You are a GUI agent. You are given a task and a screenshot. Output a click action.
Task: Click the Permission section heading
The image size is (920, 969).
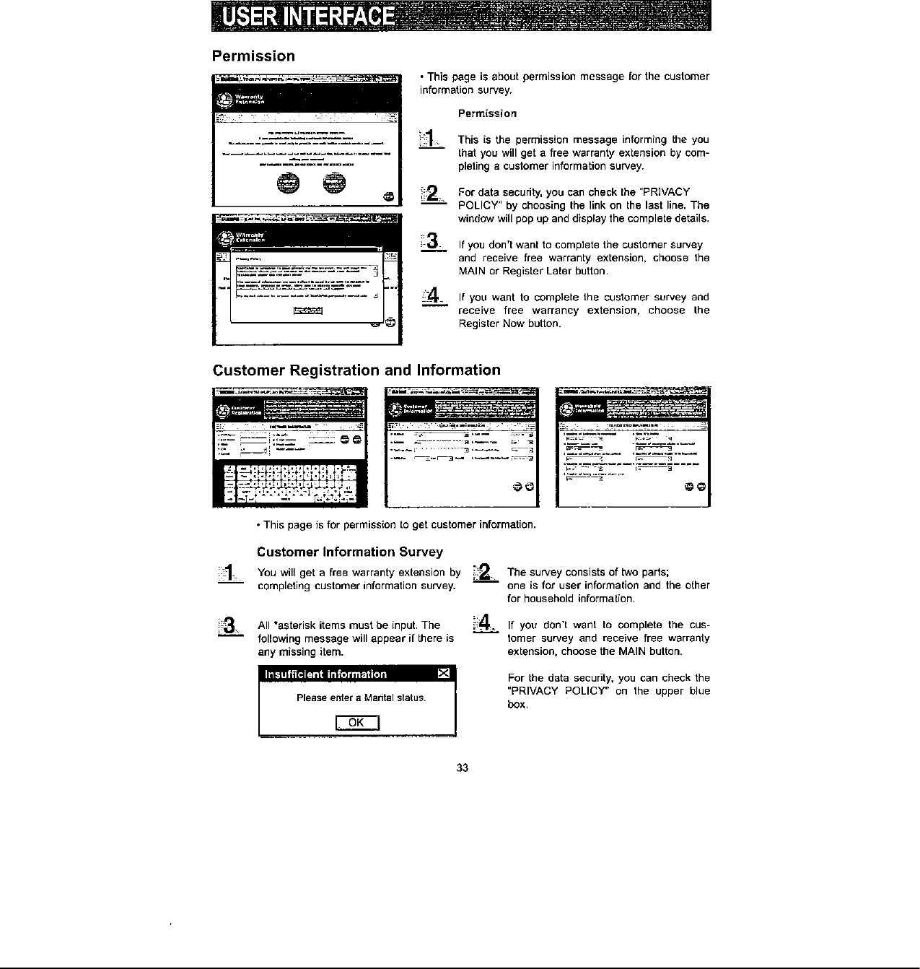pyautogui.click(x=253, y=56)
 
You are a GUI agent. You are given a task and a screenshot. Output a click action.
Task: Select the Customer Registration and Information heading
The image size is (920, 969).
pyautogui.click(x=356, y=370)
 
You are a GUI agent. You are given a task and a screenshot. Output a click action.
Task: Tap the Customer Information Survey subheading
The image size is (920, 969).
pyautogui.click(x=350, y=552)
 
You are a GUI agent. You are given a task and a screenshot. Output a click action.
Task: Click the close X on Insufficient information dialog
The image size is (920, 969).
pyautogui.click(x=444, y=674)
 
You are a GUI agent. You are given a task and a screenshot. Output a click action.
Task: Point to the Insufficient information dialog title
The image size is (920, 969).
pyautogui.click(x=325, y=674)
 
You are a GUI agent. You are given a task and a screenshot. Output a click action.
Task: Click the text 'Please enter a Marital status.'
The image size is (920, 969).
pyautogui.click(x=361, y=698)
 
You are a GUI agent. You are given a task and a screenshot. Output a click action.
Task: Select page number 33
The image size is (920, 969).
pyautogui.click(x=463, y=768)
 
